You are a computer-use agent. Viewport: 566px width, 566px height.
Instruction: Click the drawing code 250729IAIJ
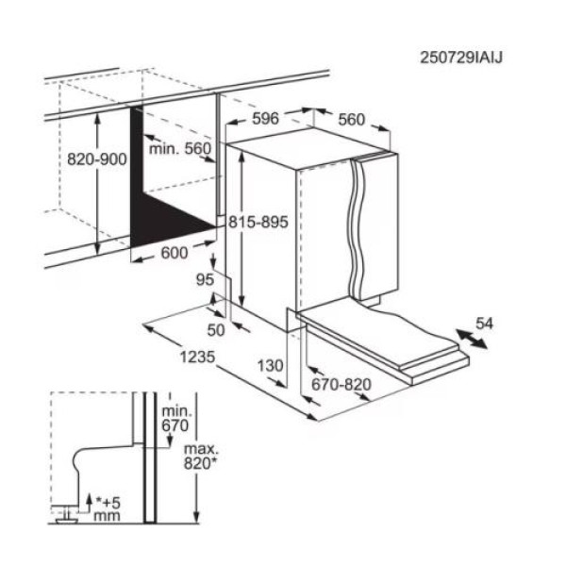click(460, 58)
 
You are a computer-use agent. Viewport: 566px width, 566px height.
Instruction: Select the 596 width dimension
click(265, 119)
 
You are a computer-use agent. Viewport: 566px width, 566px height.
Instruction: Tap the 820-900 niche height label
click(97, 159)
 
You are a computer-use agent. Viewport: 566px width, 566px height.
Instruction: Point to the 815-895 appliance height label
click(258, 222)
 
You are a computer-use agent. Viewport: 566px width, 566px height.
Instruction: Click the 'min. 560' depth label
click(180, 148)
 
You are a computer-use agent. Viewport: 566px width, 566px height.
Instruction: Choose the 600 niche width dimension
click(175, 253)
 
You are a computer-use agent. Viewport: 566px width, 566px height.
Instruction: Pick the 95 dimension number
click(205, 279)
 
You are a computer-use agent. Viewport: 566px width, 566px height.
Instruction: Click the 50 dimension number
click(216, 330)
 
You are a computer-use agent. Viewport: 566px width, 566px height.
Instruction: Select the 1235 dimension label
click(197, 357)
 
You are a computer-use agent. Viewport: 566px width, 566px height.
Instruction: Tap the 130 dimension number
click(271, 366)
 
